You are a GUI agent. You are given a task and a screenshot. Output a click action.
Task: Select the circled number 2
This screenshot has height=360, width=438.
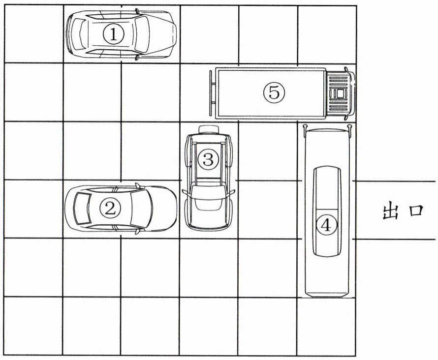point(110,209)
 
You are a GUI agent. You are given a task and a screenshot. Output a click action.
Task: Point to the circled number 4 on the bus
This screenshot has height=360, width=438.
point(325,225)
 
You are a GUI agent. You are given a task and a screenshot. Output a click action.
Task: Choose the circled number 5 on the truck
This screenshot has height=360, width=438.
point(274,91)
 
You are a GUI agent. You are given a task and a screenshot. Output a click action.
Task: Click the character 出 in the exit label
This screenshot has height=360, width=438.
point(390,211)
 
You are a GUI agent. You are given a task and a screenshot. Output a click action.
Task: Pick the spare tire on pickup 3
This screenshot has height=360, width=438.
point(209,129)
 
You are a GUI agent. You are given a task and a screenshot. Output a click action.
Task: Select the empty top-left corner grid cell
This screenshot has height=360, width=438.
point(33,34)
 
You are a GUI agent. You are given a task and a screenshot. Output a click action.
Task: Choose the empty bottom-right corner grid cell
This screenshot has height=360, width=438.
point(326,326)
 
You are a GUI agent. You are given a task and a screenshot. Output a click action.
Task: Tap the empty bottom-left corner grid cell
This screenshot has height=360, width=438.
point(33,326)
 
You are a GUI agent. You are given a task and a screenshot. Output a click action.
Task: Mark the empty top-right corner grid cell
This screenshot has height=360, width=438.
point(326,34)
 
